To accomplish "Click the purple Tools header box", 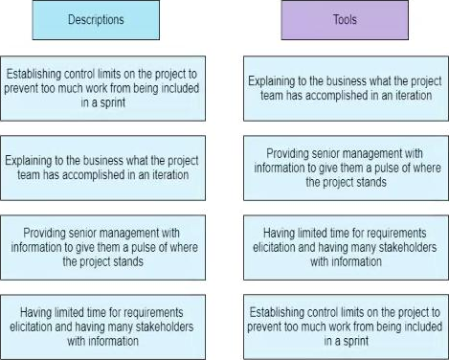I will click(x=342, y=19).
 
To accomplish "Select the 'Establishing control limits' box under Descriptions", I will click(x=102, y=88).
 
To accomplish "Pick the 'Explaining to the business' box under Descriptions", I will click(x=102, y=168).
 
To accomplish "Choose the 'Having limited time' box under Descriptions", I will click(x=102, y=326).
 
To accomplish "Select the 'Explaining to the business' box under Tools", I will click(x=346, y=88).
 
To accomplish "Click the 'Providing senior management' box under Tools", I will click(x=346, y=168).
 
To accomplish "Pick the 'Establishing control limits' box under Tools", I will click(x=346, y=326).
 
